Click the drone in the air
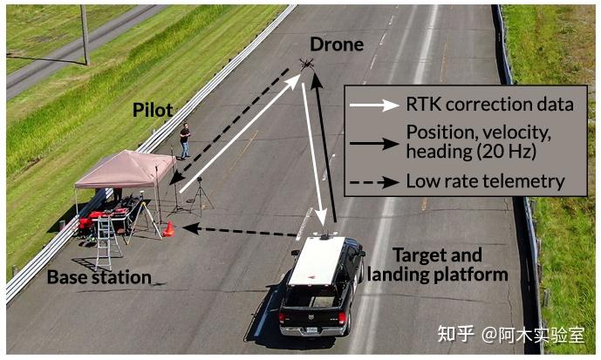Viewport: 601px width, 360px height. pos(306,64)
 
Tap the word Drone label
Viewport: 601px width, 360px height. pos(336,44)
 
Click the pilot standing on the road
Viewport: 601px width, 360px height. pos(184,140)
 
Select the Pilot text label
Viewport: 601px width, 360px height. pos(152,111)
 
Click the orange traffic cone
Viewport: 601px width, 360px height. pos(169,229)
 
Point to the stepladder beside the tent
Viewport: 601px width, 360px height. pos(107,241)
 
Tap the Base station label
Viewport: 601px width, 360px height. pos(99,277)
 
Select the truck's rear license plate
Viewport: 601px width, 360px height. pos(314,331)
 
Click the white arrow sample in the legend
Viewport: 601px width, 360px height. pos(373,105)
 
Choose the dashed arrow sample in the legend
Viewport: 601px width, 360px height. pos(373,182)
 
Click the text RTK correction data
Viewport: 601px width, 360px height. pos(489,105)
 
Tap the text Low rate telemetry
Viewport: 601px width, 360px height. pos(485,181)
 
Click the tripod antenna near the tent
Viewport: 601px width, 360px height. pos(200,197)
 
